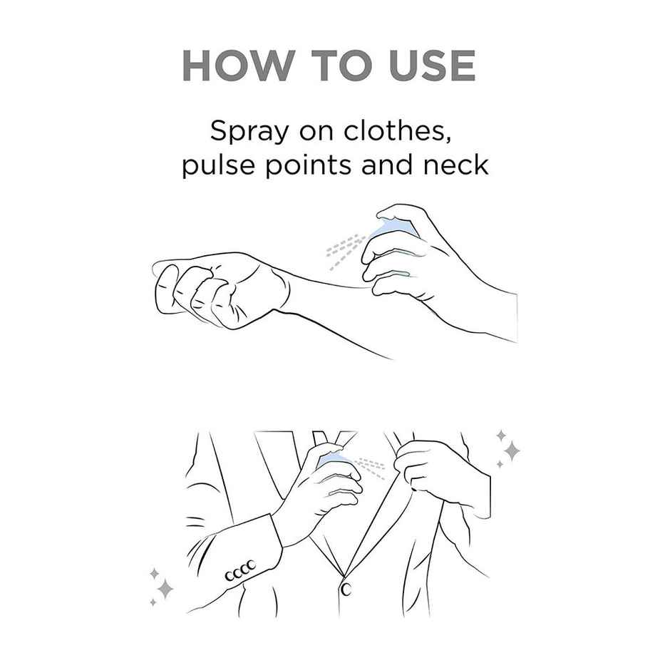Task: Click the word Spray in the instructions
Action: (249, 132)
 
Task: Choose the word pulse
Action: (218, 165)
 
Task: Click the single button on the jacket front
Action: (346, 589)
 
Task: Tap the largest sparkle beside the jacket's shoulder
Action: (512, 450)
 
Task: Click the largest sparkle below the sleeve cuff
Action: (165, 589)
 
